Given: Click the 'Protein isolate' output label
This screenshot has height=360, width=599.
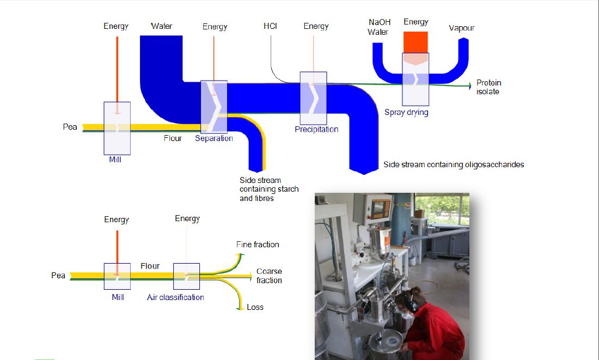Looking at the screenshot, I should [x=488, y=87].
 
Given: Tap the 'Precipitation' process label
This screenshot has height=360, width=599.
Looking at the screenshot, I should [x=316, y=130].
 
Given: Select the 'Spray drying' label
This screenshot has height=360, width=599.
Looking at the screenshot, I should [x=406, y=112].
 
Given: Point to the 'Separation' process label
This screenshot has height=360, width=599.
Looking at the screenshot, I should [x=214, y=138].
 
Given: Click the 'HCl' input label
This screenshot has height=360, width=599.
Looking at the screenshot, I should [x=270, y=26].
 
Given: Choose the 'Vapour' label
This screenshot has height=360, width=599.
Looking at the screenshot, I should [x=462, y=28].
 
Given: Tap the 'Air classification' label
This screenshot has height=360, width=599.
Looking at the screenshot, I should [x=175, y=297].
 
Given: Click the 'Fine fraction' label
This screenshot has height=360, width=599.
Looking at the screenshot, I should [x=258, y=245].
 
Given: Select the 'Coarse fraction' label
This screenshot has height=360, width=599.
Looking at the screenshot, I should [x=269, y=276].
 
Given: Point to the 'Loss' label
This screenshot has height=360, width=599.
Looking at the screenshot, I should [x=255, y=307].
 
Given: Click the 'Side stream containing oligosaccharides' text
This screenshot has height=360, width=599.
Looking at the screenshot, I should [x=454, y=164].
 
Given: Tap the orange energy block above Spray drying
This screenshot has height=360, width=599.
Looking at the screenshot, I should [x=415, y=42].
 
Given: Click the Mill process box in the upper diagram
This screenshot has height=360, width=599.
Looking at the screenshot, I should [x=117, y=128].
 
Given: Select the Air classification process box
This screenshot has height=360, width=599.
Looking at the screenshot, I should [x=187, y=276].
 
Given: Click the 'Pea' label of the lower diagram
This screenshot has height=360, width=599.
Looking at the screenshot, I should [x=58, y=276].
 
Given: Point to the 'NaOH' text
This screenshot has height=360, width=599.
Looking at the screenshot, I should [x=380, y=22].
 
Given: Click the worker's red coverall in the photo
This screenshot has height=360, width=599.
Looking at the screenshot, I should [x=435, y=327].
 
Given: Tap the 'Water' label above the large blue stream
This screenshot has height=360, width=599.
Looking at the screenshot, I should [x=162, y=26].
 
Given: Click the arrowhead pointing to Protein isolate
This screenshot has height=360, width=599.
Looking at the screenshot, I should [x=469, y=86].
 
